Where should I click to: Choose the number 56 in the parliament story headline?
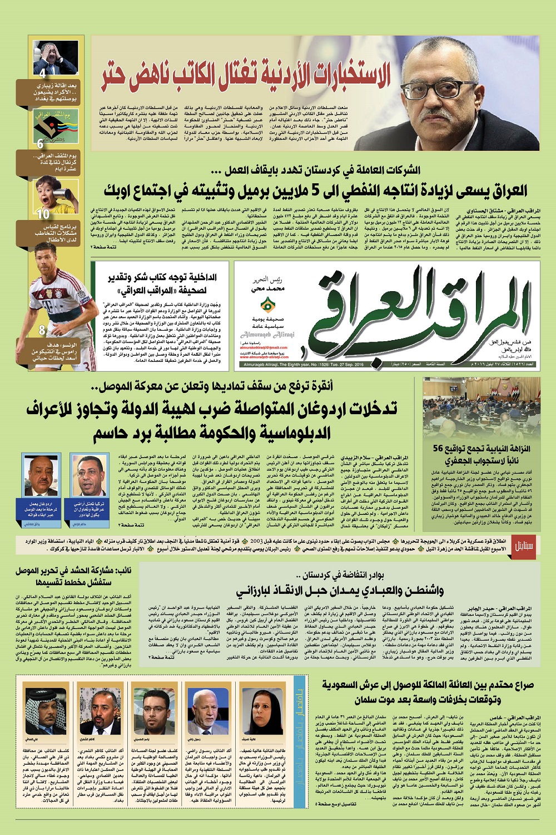coord(437,448)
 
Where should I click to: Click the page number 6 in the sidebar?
coord(40,143)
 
